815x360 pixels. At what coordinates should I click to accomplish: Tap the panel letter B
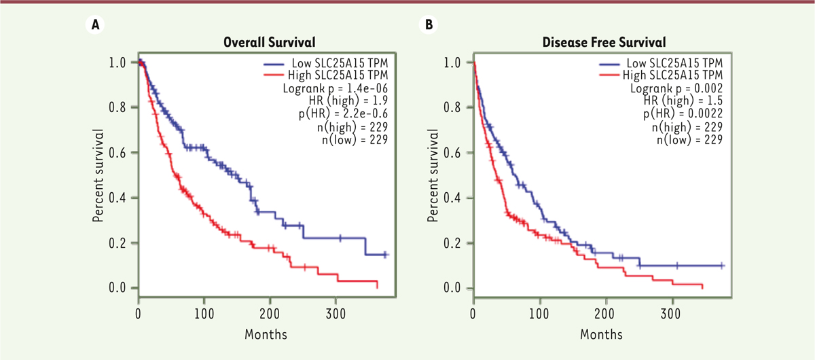point(429,25)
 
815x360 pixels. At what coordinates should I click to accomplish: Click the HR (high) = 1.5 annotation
point(675,101)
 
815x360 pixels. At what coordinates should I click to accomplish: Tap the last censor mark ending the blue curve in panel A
point(386,255)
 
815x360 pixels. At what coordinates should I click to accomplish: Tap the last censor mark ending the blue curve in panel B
point(721,266)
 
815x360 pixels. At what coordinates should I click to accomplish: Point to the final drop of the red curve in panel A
point(376,285)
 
